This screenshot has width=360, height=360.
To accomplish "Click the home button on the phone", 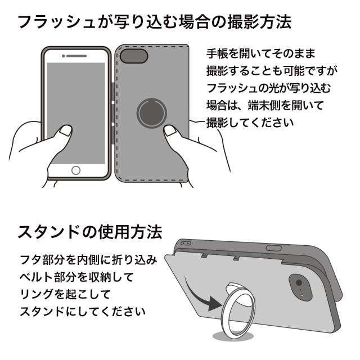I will point(75,169).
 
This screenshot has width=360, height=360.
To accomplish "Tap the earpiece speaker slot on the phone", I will point(75,56).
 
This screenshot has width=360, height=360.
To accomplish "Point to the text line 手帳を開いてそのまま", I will point(259,54).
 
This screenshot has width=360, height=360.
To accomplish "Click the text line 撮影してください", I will point(250,122).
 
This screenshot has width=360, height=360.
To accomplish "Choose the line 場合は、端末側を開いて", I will point(265,105).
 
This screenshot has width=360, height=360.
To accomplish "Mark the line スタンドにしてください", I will point(82,311).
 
